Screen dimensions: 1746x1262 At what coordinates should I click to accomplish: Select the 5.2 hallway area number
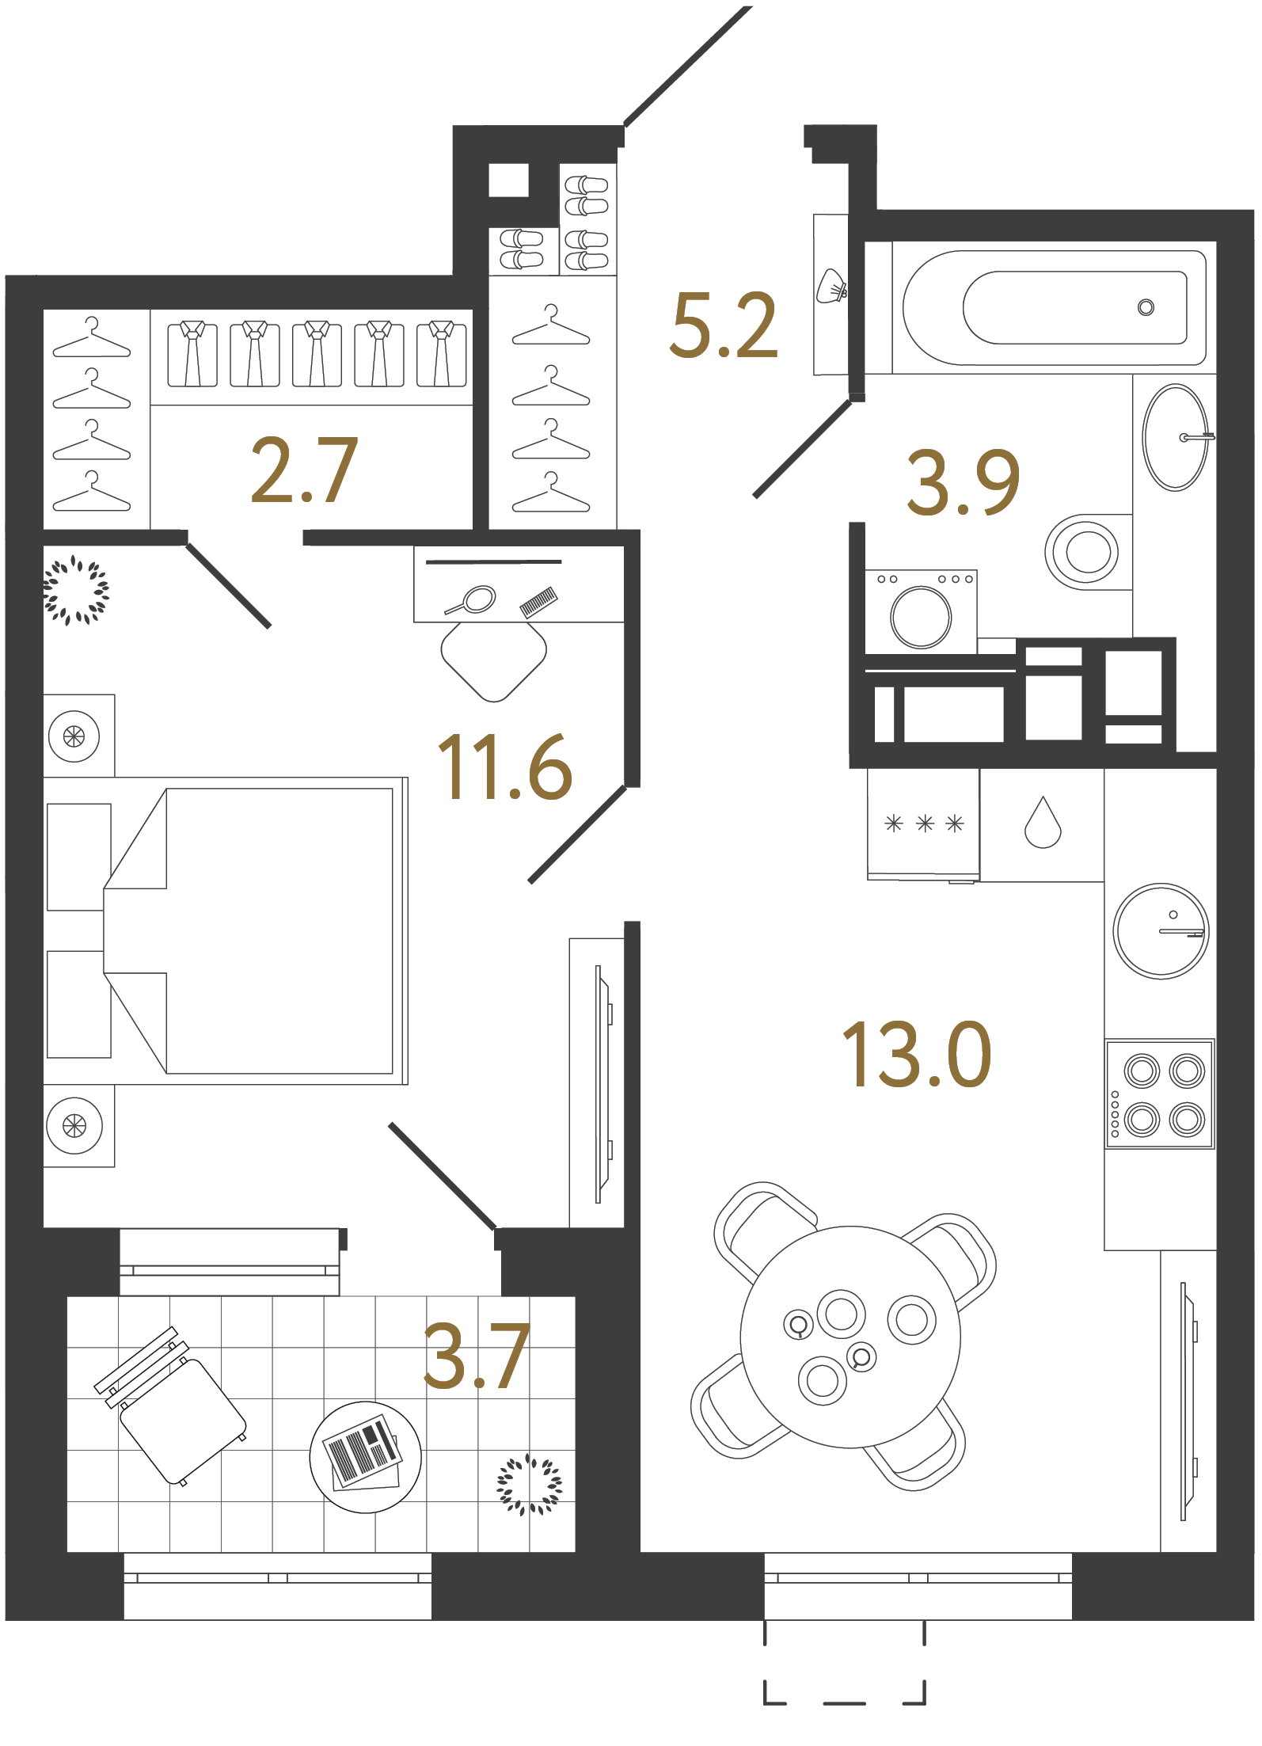pyautogui.click(x=724, y=325)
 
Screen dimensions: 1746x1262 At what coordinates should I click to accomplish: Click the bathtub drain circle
pyautogui.click(x=1146, y=307)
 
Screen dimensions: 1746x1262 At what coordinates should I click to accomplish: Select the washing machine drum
pyautogui.click(x=921, y=618)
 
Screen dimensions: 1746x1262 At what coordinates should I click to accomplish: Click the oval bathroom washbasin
pyautogui.click(x=1175, y=437)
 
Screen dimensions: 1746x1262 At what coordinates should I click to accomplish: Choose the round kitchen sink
pyautogui.click(x=1161, y=931)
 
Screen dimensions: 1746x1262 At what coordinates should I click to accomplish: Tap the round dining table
pyautogui.click(x=850, y=1337)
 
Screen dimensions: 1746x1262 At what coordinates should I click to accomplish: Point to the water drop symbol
pyautogui.click(x=1043, y=824)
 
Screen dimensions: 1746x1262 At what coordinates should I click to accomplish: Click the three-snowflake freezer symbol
pyautogui.click(x=924, y=824)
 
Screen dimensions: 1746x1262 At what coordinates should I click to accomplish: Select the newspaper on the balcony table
pyautogui.click(x=363, y=1454)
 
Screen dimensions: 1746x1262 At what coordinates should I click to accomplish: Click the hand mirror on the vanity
pyautogui.click(x=473, y=600)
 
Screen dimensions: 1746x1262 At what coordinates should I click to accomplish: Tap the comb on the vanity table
pyautogui.click(x=538, y=602)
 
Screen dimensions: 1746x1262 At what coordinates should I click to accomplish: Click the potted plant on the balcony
pyautogui.click(x=529, y=1485)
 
